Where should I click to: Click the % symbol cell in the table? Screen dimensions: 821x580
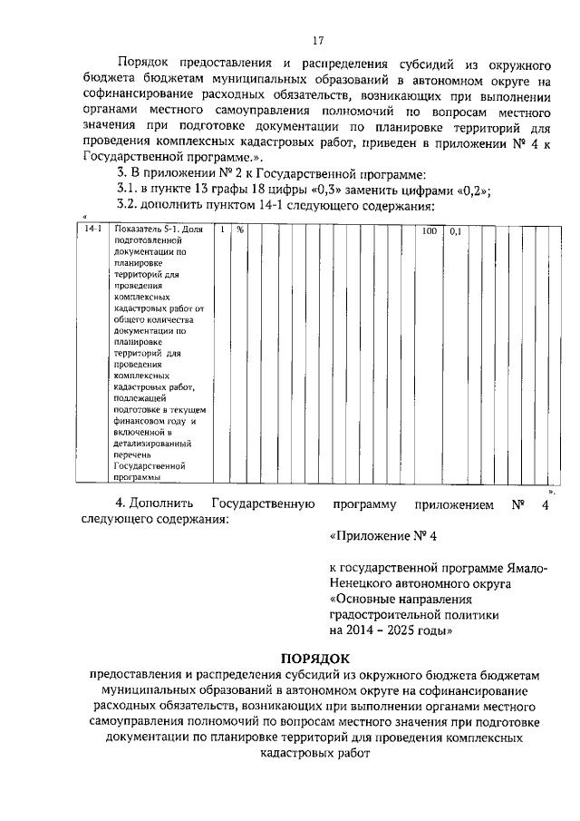click(x=241, y=231)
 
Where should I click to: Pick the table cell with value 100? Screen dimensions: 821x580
click(x=430, y=231)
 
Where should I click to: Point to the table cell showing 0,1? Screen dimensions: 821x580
click(x=455, y=231)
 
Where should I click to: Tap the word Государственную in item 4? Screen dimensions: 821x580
click(x=262, y=504)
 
